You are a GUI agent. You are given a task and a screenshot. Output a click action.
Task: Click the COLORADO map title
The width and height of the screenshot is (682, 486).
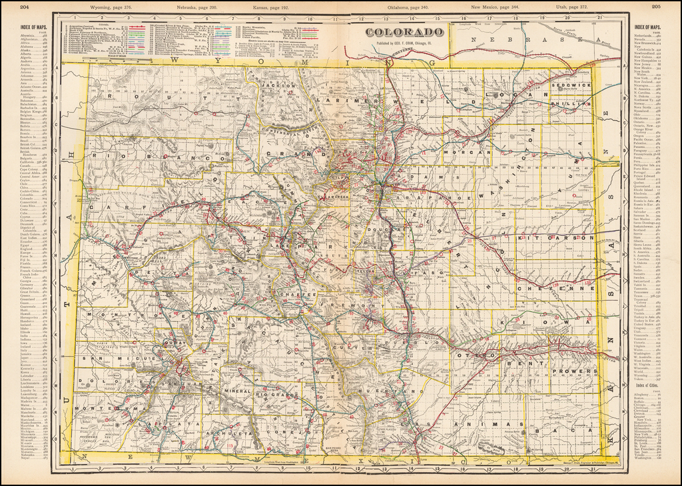(405, 32)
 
